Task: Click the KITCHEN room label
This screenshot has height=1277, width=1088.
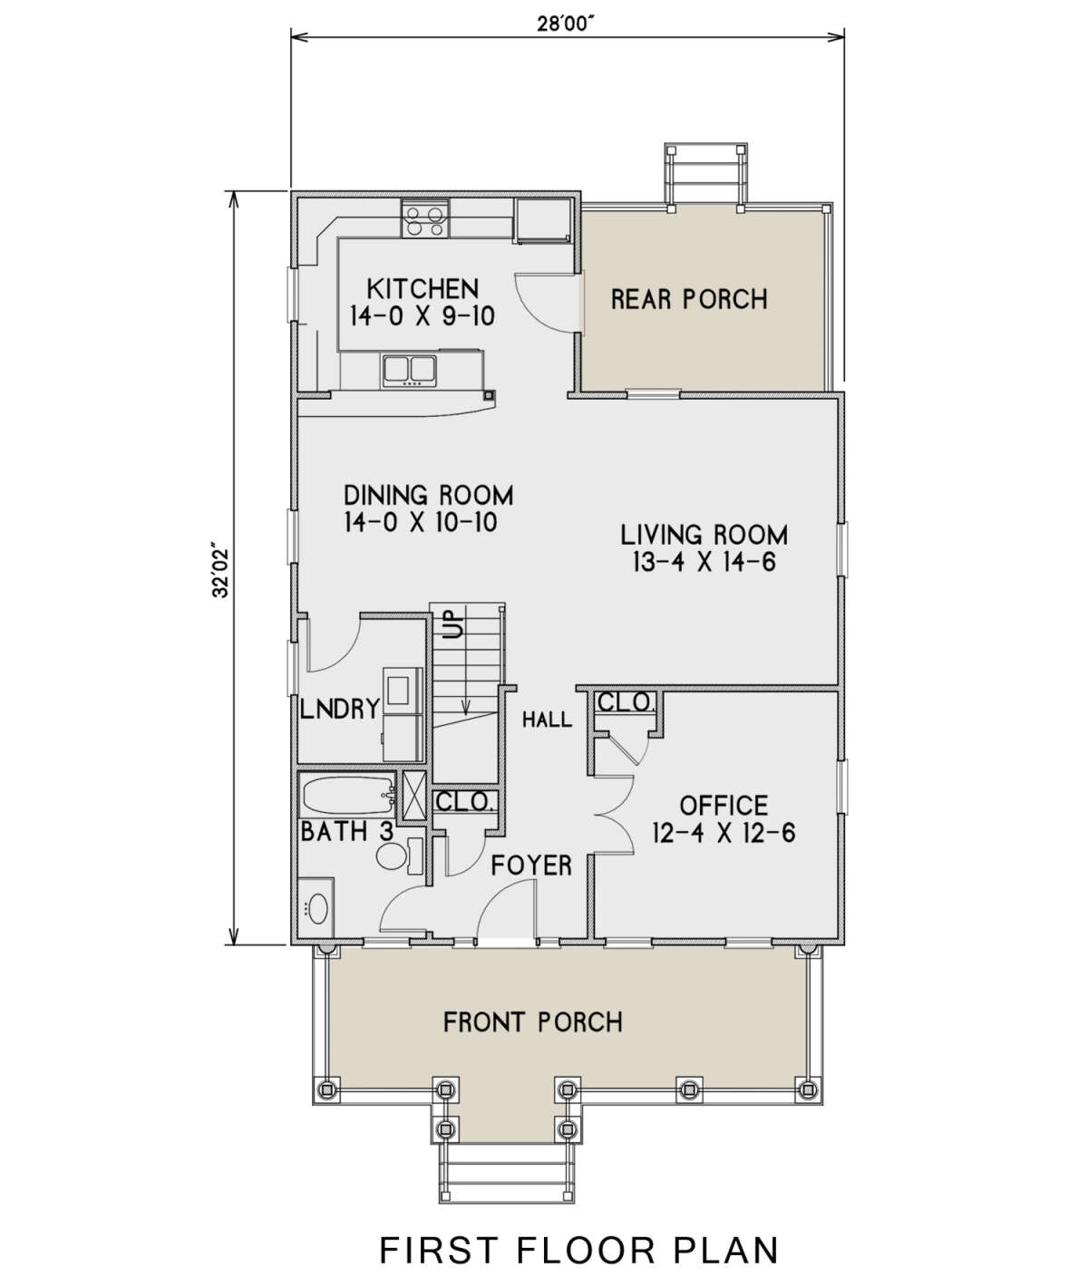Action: point(423,288)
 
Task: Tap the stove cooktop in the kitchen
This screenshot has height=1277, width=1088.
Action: point(424,218)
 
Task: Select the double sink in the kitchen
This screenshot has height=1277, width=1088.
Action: point(409,371)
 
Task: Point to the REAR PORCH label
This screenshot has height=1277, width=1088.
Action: point(689,299)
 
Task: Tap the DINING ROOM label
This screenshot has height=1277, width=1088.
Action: point(428,496)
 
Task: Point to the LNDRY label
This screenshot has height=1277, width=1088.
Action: point(339,710)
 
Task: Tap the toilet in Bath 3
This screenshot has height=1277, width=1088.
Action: point(398,856)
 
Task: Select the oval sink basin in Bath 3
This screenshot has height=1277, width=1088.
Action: point(317,908)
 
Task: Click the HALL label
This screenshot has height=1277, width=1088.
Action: point(547,719)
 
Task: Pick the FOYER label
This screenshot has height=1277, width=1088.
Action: point(531,866)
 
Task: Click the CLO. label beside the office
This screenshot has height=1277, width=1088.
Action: point(625,702)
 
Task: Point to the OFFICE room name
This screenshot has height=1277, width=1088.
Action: point(724,806)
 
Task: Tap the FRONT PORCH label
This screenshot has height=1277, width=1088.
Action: point(533,1022)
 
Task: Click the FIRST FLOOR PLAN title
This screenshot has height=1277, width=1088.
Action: point(578,1233)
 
